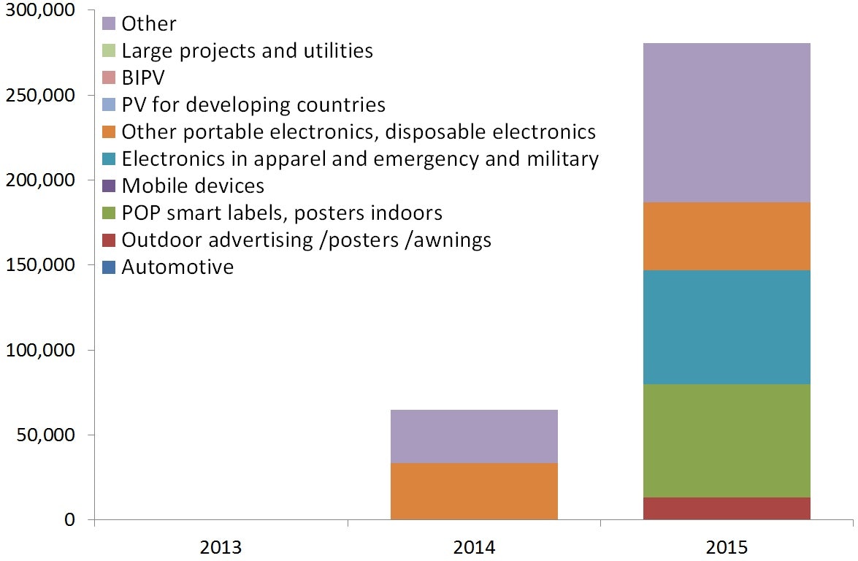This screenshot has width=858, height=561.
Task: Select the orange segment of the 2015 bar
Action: tap(727, 236)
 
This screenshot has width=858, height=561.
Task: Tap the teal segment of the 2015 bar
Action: tap(727, 327)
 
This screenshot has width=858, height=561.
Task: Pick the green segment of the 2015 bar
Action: tap(727, 440)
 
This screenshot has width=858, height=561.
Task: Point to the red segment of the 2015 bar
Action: tap(727, 508)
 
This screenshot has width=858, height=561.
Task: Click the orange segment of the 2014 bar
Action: tap(474, 491)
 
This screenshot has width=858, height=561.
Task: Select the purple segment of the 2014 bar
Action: tap(474, 436)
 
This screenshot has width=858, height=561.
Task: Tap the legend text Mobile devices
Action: tap(193, 186)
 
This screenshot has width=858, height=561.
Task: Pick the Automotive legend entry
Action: tap(177, 267)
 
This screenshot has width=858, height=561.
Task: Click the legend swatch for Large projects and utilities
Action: tap(109, 51)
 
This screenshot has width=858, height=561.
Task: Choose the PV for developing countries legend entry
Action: tap(253, 105)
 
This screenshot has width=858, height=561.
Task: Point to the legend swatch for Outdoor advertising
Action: tap(109, 240)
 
